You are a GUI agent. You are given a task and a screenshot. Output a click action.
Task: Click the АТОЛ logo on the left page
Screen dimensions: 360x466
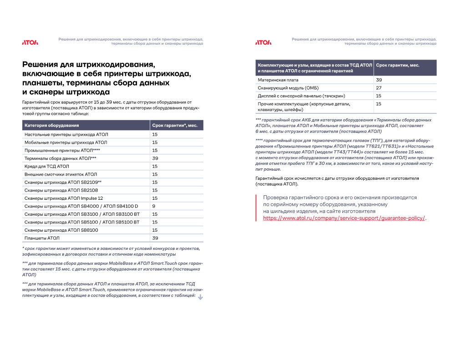point(30,42)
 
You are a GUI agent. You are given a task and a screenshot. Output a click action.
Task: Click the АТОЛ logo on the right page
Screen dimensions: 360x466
point(263,42)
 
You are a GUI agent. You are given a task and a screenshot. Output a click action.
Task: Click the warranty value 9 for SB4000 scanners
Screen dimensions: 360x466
point(154,206)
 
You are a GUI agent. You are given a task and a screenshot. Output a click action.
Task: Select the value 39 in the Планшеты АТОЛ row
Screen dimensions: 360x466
point(155,238)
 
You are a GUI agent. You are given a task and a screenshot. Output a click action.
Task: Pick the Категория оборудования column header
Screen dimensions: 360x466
point(52,125)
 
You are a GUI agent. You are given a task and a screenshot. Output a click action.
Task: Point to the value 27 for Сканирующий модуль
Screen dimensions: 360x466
point(379,88)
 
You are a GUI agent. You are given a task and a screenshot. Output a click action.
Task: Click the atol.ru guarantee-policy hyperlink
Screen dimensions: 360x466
point(344,218)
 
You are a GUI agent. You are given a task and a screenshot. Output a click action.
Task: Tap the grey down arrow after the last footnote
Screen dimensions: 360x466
point(200,297)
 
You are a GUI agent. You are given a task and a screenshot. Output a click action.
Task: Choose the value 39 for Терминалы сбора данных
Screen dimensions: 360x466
point(155,158)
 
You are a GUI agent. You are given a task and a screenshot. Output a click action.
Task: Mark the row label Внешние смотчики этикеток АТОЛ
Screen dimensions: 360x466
point(61,174)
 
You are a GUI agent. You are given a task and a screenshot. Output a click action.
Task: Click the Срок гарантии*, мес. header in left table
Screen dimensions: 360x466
point(174,125)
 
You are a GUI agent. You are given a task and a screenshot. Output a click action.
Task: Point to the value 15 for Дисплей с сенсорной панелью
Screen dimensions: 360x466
point(379,96)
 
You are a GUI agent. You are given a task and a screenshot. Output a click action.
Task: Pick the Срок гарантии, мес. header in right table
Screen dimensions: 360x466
point(398,66)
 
